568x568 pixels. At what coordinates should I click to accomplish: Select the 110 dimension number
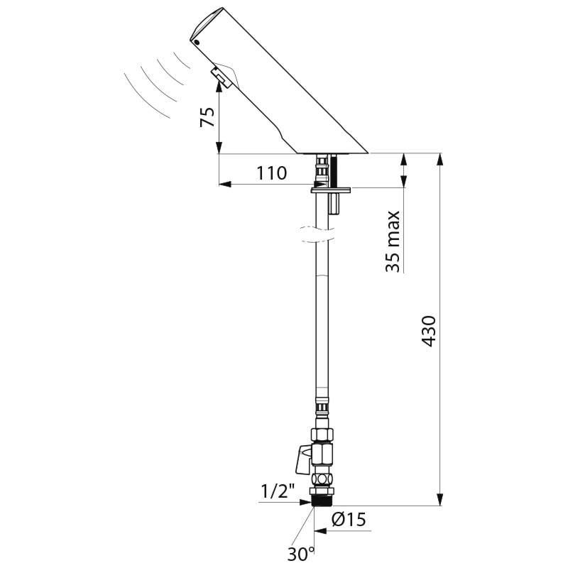coord(272,173)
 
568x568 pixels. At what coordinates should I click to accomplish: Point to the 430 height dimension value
coord(428,331)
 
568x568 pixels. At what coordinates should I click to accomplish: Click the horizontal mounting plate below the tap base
coord(332,188)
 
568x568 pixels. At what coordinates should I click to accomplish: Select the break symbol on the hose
coord(312,234)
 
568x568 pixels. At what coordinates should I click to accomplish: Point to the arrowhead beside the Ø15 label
coord(334,530)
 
